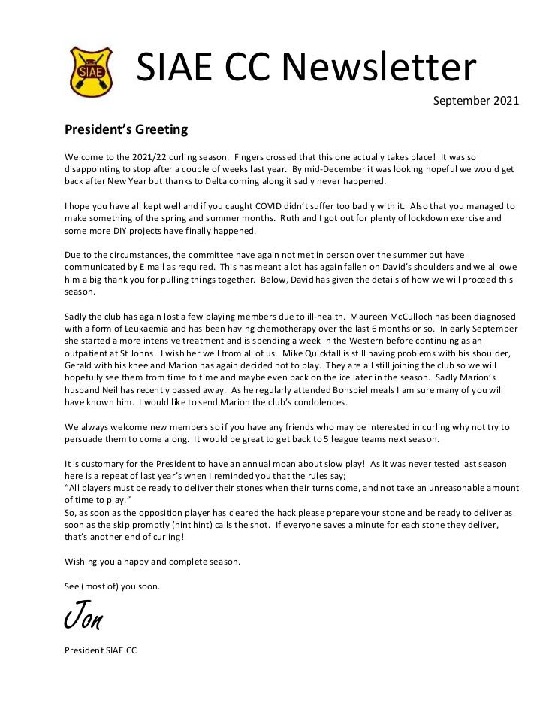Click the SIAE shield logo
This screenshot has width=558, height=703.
tap(90, 71)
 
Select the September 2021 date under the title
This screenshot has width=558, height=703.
tap(476, 100)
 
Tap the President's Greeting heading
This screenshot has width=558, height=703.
tap(126, 129)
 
